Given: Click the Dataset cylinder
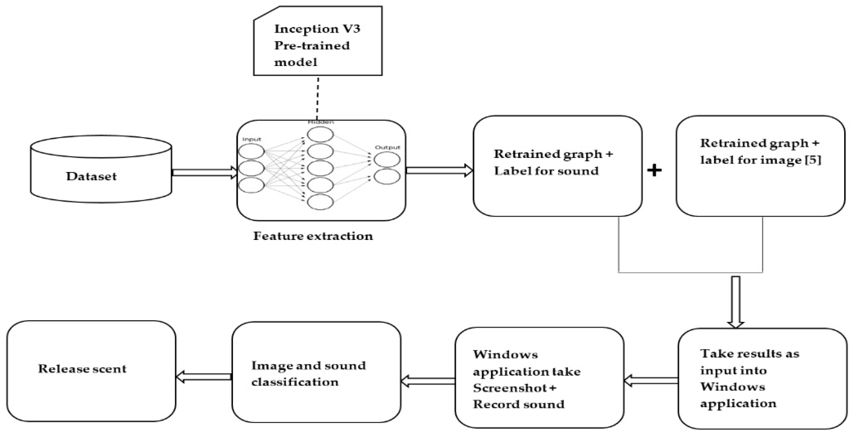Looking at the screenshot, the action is coord(101,169).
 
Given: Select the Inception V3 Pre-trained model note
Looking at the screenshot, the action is coord(318,41).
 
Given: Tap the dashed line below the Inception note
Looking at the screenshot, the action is coord(317,98).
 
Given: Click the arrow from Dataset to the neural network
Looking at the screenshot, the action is coord(204,173).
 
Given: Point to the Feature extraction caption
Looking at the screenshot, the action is coord(313,236).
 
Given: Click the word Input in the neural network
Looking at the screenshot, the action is coord(252,139).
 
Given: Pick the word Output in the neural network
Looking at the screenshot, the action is coord(388,147).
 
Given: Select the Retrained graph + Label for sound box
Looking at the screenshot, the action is coord(558,166).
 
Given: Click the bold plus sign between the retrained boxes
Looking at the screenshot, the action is coord(654,170).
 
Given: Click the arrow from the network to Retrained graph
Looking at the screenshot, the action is coord(440,170).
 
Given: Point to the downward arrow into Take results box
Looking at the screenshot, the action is coord(735,302).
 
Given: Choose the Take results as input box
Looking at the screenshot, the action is coord(762,378).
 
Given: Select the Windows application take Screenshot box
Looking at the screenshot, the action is coord(539,377).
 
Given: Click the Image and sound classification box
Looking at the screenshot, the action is coord(317,372).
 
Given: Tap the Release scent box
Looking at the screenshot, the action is coord(91,371).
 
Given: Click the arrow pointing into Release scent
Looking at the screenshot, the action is coord(204,377).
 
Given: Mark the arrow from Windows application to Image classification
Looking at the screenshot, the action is coord(428,380).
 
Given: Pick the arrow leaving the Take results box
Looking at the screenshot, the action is coord(651,380).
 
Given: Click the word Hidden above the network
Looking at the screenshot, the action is coord(320,122).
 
